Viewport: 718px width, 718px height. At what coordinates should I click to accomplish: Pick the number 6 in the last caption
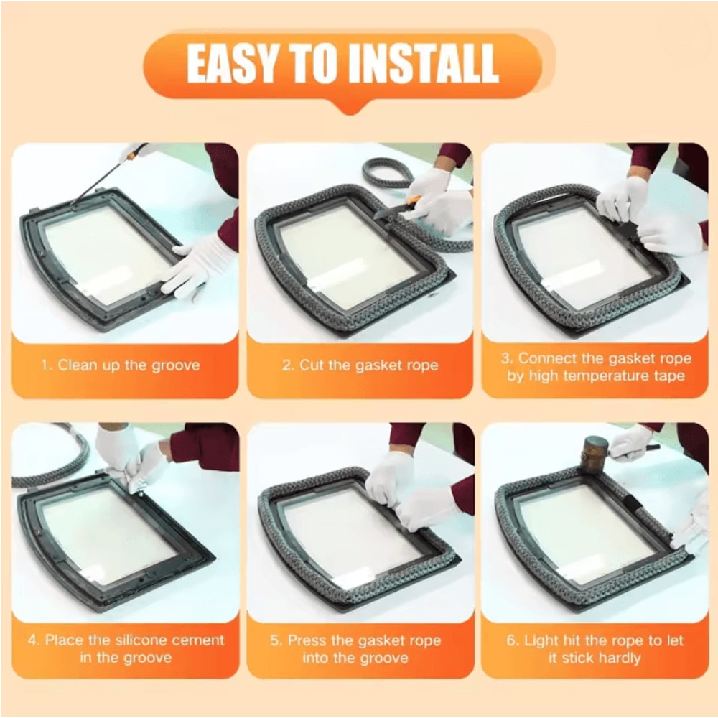tap(511, 640)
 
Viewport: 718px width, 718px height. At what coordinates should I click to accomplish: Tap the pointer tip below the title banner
tap(349, 108)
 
